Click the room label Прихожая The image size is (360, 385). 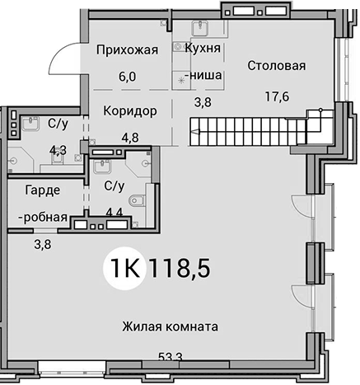point(128,50)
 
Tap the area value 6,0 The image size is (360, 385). point(128,77)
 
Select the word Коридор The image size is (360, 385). point(130,111)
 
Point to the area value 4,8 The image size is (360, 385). point(130,138)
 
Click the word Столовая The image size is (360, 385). point(277,66)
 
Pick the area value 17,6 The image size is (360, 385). point(277,96)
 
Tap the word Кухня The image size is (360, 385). point(203,49)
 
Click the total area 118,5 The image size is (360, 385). point(180,268)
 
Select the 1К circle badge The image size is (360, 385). point(125,268)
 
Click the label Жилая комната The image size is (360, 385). point(171,326)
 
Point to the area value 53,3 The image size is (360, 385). point(171,357)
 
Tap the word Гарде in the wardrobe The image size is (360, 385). point(43,190)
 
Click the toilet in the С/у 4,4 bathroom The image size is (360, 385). point(137,200)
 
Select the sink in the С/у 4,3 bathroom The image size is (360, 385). point(30,124)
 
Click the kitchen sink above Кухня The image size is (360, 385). point(201,28)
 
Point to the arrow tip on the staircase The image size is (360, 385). point(191,132)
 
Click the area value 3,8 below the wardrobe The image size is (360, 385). point(43,244)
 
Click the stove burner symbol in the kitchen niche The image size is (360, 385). point(181,81)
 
